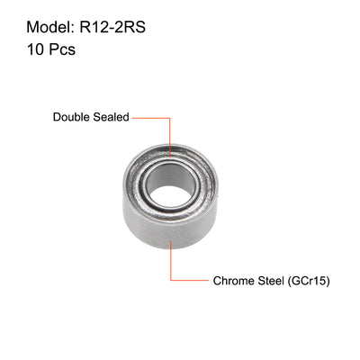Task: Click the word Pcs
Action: coord(58,51)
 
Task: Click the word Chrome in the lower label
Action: coord(234,280)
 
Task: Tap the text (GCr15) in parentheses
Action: coord(311,280)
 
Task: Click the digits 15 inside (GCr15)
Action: coord(319,280)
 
